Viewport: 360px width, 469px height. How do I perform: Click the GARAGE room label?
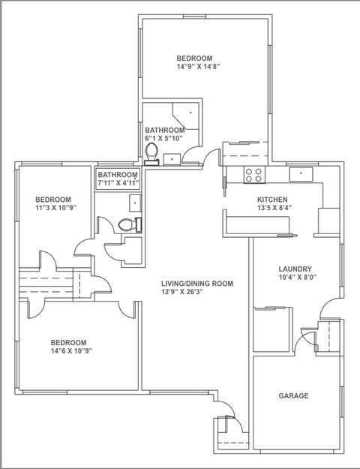point(294,395)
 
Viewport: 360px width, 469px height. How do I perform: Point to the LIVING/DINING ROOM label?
point(197,284)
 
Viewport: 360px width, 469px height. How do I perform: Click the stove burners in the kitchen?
point(254,175)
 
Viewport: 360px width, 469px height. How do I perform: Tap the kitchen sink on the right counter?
point(301,174)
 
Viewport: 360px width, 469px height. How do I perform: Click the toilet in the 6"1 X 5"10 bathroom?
point(151,152)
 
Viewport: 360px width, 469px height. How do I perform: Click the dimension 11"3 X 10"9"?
point(56,206)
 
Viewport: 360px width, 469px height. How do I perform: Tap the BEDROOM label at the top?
point(194,58)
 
